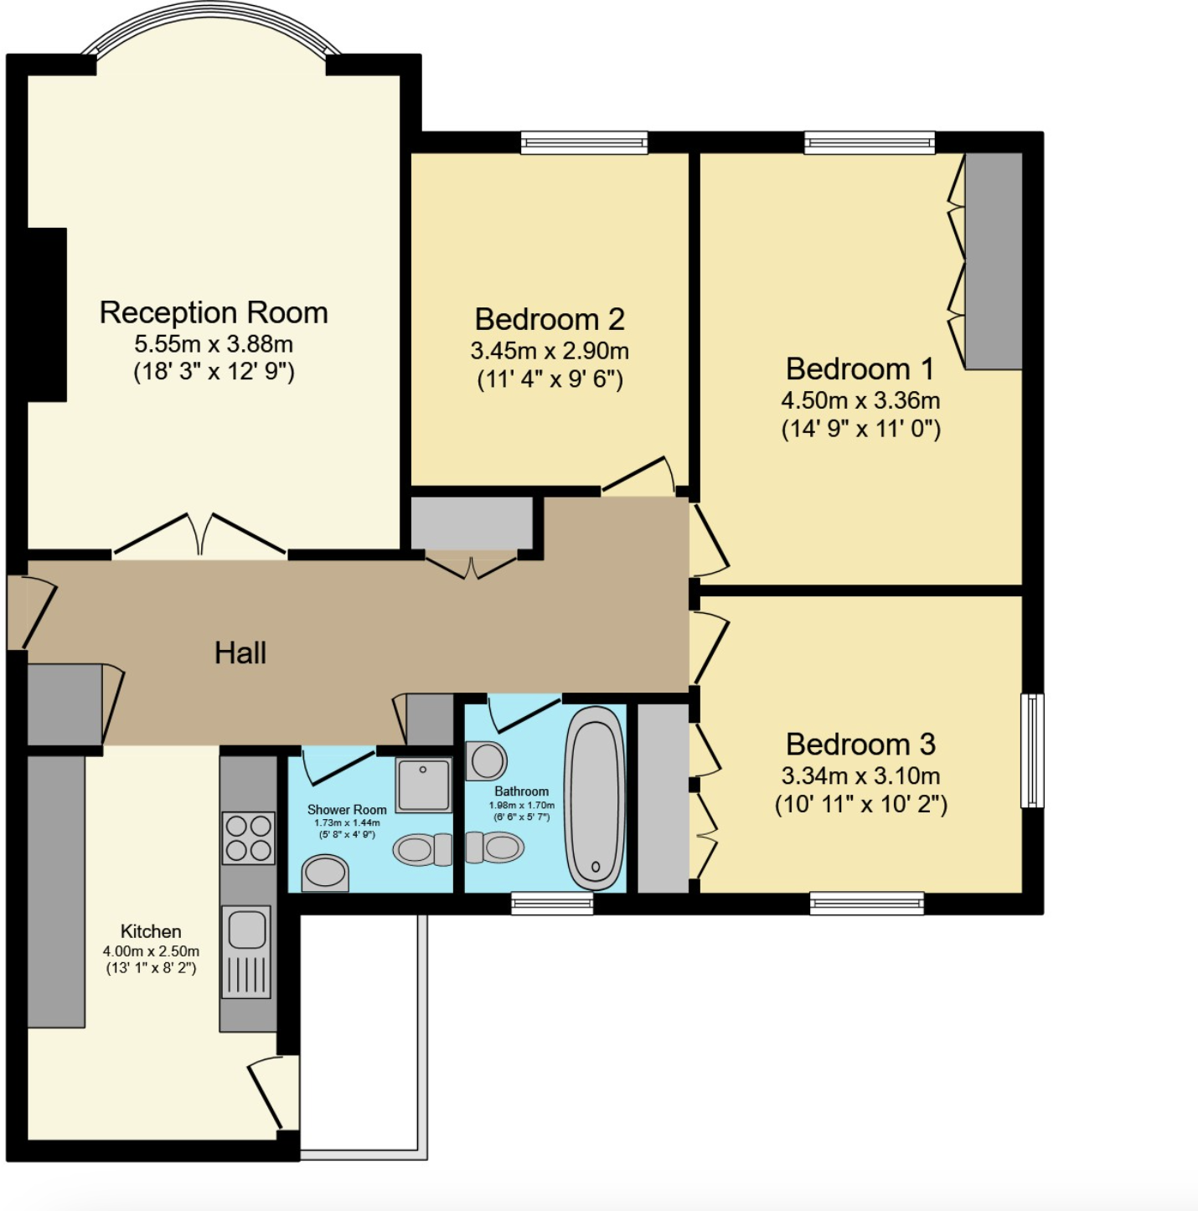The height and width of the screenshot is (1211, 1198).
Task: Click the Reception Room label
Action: point(213,312)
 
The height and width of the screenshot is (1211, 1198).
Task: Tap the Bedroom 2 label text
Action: point(549,319)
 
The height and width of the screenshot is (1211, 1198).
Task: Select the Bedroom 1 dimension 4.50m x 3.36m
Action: point(860,399)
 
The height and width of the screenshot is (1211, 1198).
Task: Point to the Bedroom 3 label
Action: point(860,744)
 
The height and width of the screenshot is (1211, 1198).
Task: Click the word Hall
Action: point(240,653)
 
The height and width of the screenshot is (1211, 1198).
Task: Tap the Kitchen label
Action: point(151,930)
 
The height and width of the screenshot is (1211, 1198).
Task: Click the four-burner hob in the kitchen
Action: point(249,837)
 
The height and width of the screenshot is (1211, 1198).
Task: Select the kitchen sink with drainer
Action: point(246,951)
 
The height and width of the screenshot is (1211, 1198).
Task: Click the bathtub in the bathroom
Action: point(594,798)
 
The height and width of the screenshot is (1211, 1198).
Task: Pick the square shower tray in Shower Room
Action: point(423,784)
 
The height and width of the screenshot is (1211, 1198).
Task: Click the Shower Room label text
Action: point(347,810)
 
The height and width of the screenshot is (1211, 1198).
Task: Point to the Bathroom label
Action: point(521,791)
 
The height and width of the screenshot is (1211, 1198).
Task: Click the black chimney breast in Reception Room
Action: point(46,314)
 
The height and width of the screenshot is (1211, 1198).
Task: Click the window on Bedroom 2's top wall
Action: point(584,142)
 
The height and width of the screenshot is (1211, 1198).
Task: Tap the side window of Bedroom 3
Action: point(1032,750)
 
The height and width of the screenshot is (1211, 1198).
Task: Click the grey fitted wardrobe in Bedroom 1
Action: point(994,260)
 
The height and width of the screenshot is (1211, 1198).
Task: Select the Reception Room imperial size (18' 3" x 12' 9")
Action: point(214,372)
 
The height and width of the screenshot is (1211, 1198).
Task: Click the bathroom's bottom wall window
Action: point(552,904)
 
